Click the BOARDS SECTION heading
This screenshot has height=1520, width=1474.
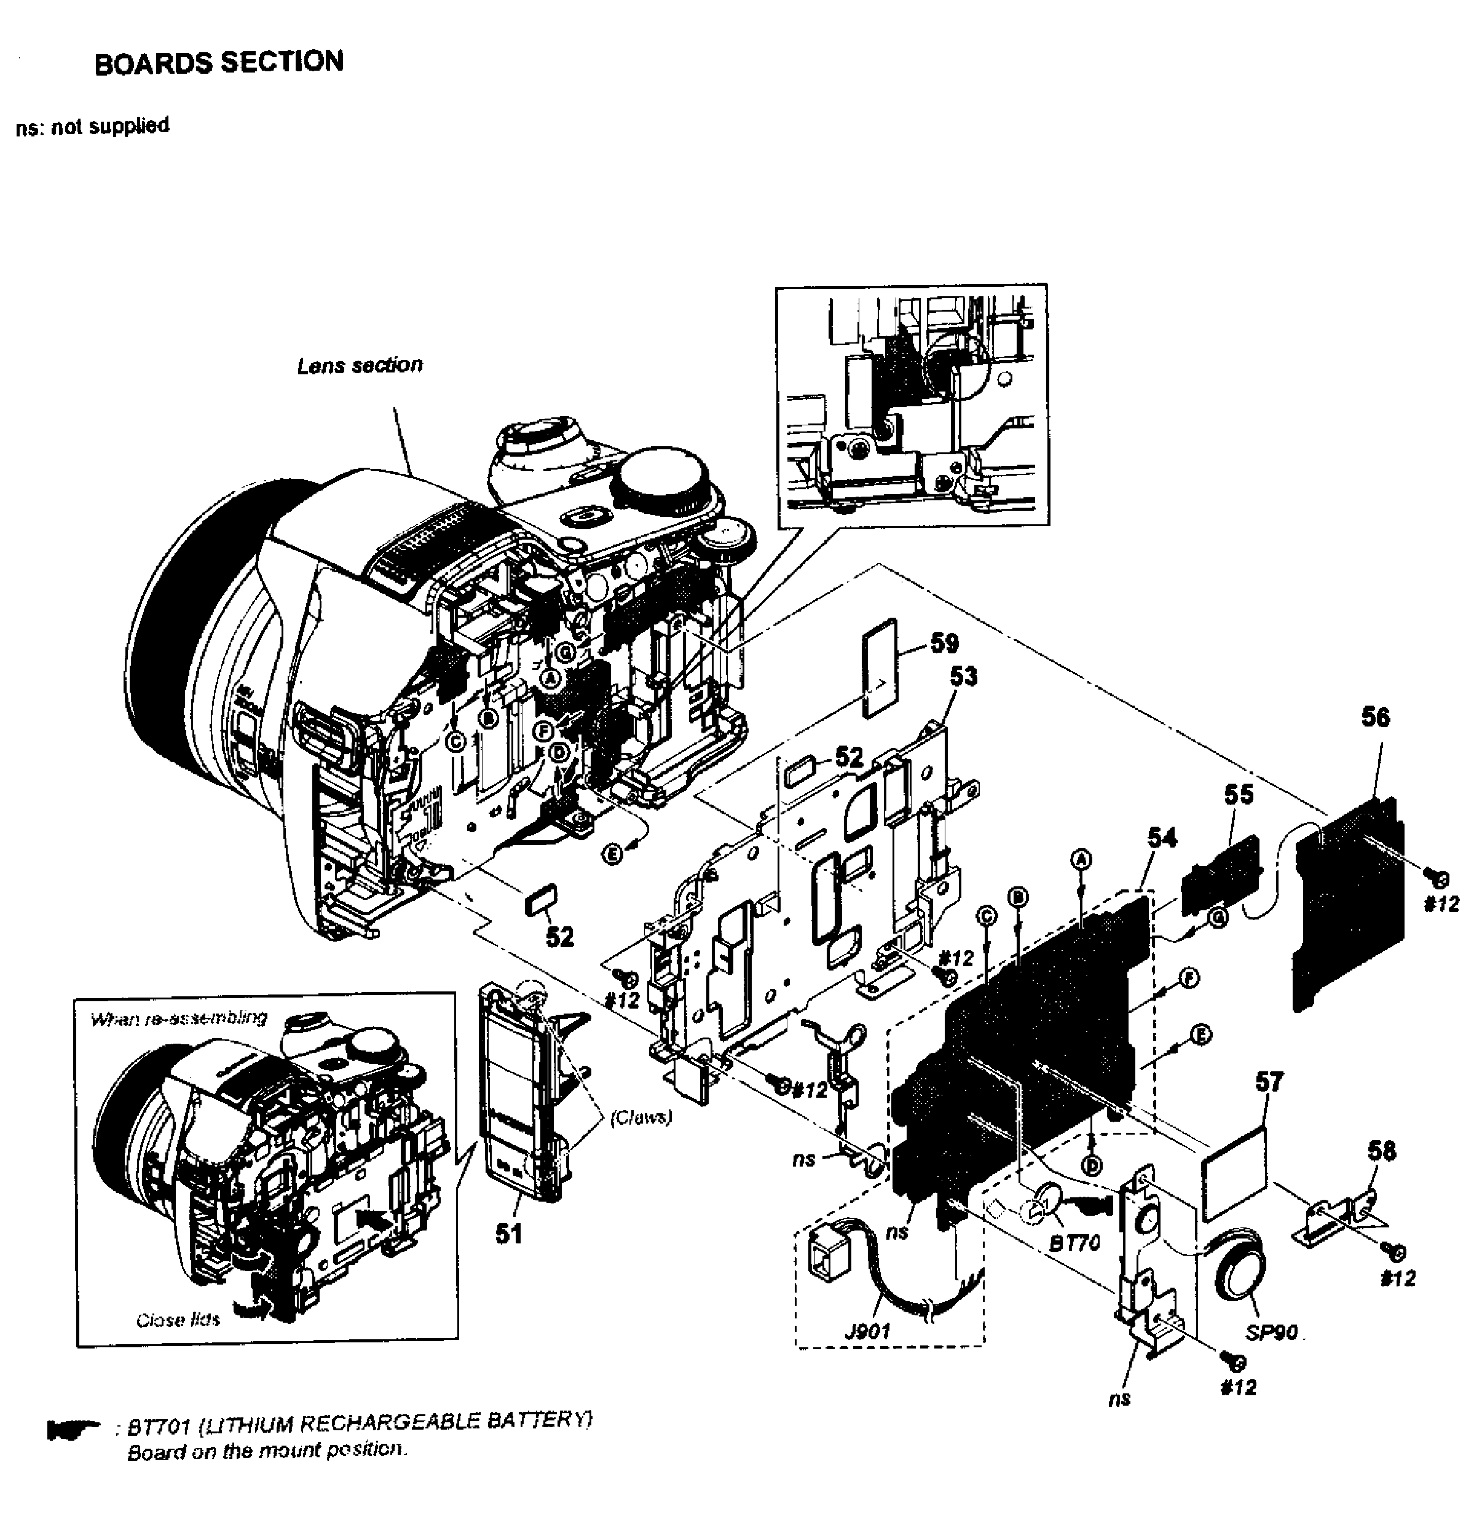pyautogui.click(x=219, y=63)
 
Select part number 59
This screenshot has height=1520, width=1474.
pyautogui.click(x=944, y=643)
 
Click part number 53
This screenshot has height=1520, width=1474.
pyautogui.click(x=964, y=677)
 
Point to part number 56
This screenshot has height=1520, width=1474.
pyautogui.click(x=1376, y=717)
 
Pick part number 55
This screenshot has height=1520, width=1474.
pyautogui.click(x=1239, y=794)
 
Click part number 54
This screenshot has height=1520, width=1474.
pyautogui.click(x=1162, y=838)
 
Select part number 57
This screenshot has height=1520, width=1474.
pyautogui.click(x=1269, y=1082)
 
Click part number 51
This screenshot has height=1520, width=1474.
pyautogui.click(x=510, y=1233)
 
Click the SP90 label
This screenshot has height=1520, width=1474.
pyautogui.click(x=1272, y=1333)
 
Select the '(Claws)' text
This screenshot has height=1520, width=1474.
pyautogui.click(x=640, y=1117)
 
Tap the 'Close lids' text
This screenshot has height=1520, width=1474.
pyautogui.click(x=178, y=1320)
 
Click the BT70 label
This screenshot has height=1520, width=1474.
pyautogui.click(x=1074, y=1243)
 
